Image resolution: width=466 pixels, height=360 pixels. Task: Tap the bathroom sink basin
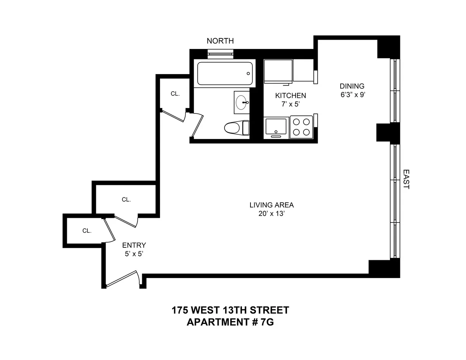[x=242, y=103]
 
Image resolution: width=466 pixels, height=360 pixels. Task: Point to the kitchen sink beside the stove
[x=276, y=127]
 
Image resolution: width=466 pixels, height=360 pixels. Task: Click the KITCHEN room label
[x=290, y=96]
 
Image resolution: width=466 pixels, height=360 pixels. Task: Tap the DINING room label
[x=352, y=86]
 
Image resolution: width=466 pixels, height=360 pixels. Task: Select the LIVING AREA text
[x=271, y=205]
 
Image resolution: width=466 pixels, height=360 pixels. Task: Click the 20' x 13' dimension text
[x=271, y=214]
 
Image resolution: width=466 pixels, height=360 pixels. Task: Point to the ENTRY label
[x=134, y=245]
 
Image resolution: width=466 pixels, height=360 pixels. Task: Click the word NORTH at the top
[x=220, y=41]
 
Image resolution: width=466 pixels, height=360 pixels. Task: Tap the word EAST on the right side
[x=406, y=179]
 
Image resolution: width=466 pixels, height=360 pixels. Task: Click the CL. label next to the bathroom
[x=175, y=94]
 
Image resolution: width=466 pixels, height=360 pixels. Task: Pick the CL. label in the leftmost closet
[x=87, y=231]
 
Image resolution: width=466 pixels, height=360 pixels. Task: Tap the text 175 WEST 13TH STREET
[x=230, y=310]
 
